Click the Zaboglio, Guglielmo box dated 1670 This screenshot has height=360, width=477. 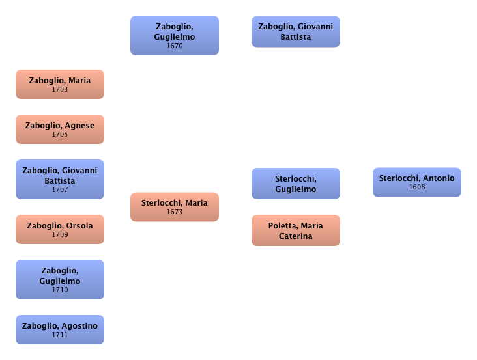[x=174, y=35]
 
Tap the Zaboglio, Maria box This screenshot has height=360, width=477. [x=60, y=85]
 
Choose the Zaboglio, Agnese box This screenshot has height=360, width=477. [x=60, y=129]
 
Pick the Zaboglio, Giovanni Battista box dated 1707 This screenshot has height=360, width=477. [x=60, y=179]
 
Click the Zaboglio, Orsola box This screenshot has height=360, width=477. [x=60, y=229]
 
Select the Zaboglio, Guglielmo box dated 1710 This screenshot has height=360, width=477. [x=60, y=279]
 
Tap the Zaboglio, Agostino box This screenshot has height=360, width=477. [x=60, y=329]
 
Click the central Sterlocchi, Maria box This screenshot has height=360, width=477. [x=174, y=206]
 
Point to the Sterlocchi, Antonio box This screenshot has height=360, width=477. [x=417, y=182]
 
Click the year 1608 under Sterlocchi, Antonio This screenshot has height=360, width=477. [x=417, y=187]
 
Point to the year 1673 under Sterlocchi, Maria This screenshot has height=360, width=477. [x=174, y=212]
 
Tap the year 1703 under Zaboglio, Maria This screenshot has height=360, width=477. [x=60, y=90]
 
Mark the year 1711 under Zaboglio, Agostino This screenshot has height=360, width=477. [x=60, y=335]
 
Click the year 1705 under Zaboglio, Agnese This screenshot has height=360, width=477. [x=60, y=134]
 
